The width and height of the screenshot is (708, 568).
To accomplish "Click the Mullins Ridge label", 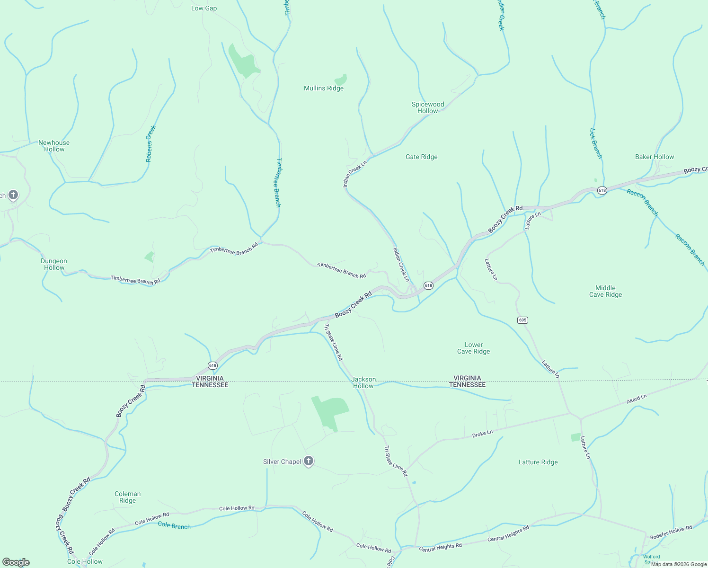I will [324, 88].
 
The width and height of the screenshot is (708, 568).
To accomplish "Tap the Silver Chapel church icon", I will [309, 461].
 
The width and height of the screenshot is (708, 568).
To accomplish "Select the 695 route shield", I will [522, 320].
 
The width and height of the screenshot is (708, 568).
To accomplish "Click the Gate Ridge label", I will [421, 157].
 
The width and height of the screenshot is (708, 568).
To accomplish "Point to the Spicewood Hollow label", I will [428, 107].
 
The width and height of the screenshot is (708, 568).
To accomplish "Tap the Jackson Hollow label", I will [363, 382].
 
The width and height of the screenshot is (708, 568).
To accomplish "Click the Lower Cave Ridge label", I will [473, 348].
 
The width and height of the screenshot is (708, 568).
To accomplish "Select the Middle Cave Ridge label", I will [605, 291].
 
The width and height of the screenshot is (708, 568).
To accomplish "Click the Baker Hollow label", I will [654, 157].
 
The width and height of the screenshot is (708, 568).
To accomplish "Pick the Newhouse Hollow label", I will [54, 146].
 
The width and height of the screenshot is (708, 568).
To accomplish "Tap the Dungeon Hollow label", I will [54, 264].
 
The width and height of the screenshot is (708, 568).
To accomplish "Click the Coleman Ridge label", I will [127, 497].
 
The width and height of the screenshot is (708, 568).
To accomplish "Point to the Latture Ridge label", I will [538, 462].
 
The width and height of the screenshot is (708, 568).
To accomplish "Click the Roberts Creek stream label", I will [150, 144].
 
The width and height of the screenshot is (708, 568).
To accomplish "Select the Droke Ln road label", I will [482, 434].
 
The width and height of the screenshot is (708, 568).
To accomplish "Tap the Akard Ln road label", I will [637, 399].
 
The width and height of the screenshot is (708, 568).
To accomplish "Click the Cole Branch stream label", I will [174, 525].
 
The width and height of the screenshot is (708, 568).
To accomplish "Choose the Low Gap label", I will [204, 8].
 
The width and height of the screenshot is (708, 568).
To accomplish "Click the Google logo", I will [16, 562].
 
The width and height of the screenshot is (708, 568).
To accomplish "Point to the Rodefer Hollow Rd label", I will [671, 532].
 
